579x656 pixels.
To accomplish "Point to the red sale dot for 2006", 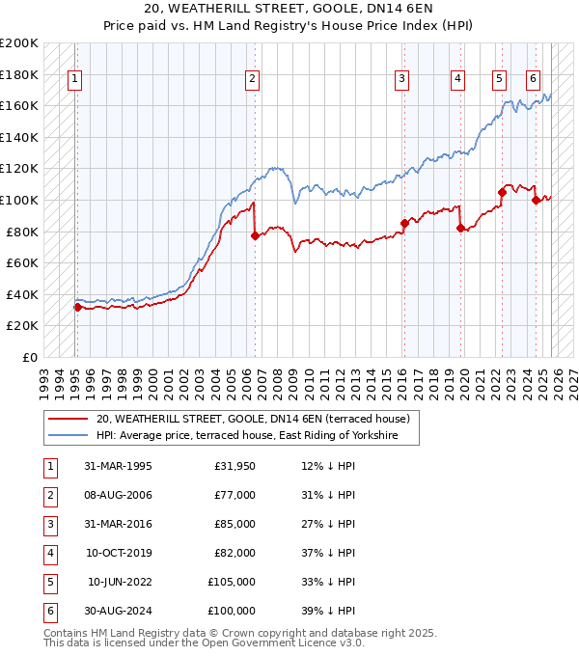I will [255, 235].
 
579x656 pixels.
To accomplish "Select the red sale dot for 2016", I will [403, 223].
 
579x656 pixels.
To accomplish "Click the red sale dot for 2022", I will [502, 192].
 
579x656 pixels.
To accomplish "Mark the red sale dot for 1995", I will [77, 307].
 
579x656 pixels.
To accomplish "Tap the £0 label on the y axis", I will [29, 357].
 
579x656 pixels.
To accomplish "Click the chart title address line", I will [289, 11].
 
